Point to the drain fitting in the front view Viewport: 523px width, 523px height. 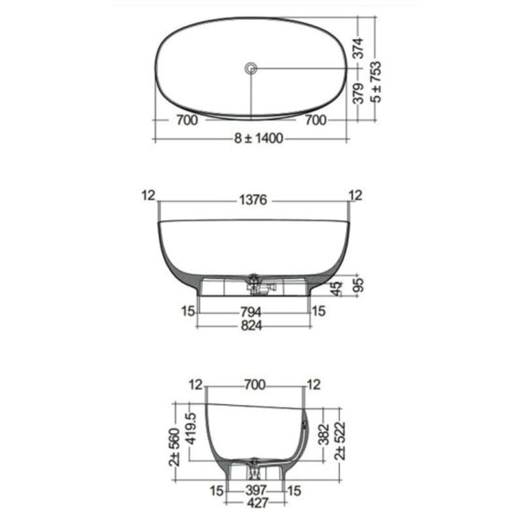click(x=254, y=284)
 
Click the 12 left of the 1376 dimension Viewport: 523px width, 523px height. click(x=148, y=196)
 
